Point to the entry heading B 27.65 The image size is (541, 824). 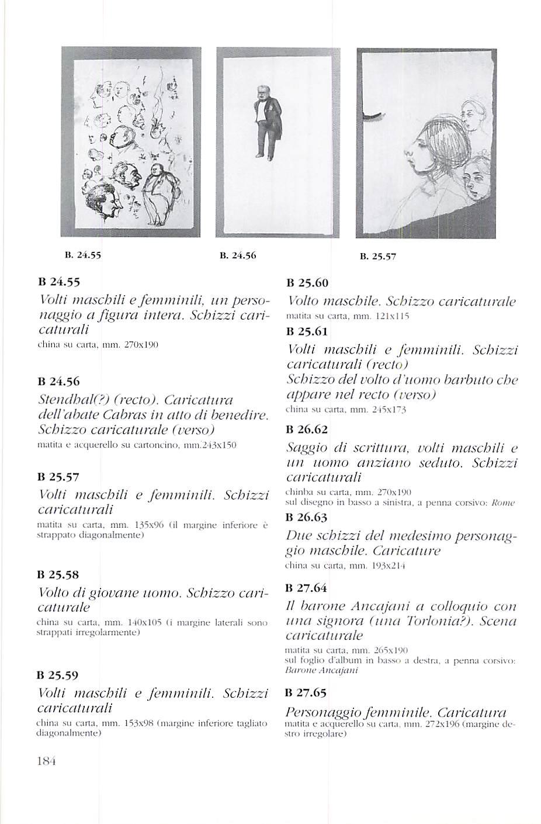coord(307,693)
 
